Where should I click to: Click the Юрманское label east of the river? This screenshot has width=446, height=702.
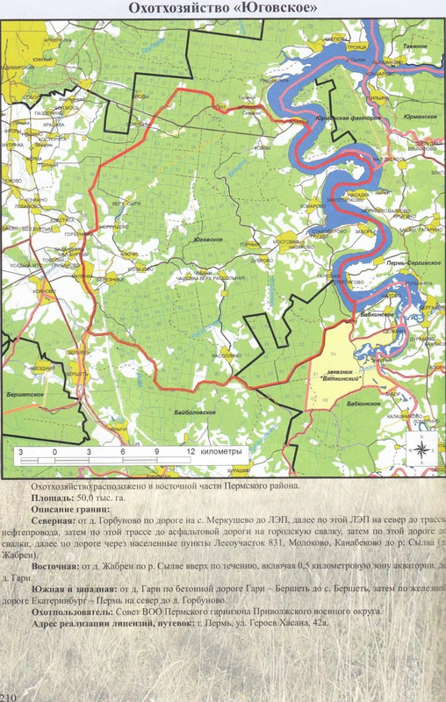tap(416, 115)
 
